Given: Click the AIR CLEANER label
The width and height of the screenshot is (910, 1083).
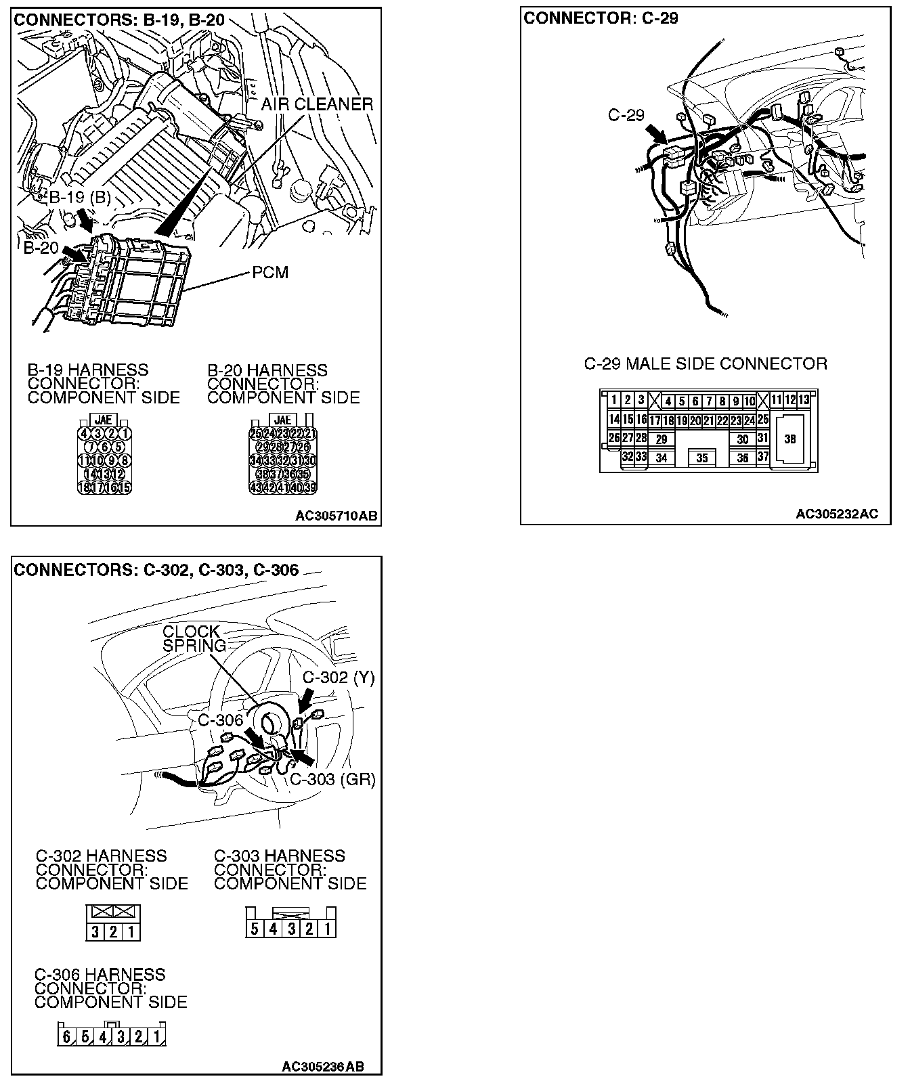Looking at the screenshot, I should [317, 104].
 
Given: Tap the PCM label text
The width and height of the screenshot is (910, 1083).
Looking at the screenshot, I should [270, 272].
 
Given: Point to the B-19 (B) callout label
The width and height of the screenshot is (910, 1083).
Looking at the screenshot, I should [80, 198].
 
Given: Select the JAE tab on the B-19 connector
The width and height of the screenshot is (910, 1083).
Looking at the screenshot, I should [104, 420].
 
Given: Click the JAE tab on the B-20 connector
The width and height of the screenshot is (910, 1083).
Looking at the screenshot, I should [283, 420].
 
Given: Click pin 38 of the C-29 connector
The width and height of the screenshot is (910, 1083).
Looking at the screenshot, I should [789, 439].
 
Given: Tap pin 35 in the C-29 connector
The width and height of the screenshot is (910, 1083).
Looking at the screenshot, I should [702, 458].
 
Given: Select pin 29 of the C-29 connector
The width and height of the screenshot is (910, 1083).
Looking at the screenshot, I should [662, 439].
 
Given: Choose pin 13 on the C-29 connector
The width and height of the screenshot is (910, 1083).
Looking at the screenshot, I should [803, 400].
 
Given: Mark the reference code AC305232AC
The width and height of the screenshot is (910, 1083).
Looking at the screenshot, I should [836, 514].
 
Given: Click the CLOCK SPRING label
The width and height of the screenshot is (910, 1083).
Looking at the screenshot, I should [192, 638].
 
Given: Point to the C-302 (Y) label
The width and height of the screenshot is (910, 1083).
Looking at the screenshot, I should [338, 678].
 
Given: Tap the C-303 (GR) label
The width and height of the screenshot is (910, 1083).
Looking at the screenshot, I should [332, 779].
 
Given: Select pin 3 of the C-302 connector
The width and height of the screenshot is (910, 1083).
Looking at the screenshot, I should [95, 932].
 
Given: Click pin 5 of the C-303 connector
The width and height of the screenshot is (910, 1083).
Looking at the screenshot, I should [254, 928].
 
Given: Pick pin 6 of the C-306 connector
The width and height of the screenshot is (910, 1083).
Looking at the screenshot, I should [66, 1036].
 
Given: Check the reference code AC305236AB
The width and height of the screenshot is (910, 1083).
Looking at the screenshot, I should [322, 1067].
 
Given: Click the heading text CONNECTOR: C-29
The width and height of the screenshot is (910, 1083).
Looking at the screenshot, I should [600, 18].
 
